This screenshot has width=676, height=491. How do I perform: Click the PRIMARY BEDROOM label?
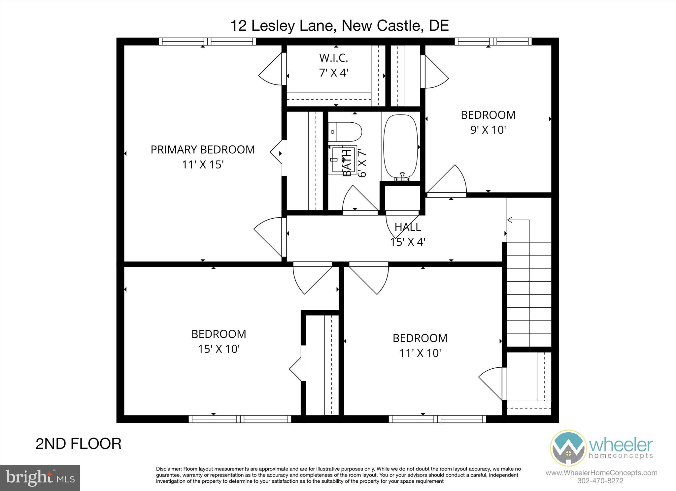coord(203,150)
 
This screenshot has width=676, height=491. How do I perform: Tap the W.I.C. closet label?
coord(333,58)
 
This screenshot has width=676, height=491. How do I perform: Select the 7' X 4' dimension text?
coord(333,73)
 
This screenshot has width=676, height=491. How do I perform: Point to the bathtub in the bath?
coord(401,147)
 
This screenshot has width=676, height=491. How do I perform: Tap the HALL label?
coord(408,227)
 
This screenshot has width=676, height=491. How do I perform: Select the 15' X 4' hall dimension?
coord(408,242)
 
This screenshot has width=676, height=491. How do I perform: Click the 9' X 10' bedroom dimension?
coord(488,130)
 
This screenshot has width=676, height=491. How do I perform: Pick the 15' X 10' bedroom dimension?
coord(219,349)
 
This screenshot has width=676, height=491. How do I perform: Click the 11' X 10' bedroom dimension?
coord(420,353)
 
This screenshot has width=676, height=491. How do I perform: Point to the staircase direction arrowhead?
coord(510,220)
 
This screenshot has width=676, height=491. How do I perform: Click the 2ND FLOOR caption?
coord(78,444)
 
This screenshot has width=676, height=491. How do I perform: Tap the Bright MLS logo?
coord(40,478)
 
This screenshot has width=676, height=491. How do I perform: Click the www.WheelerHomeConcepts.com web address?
coord(601,473)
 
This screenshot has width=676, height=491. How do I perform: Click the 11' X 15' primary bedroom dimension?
coord(203,165)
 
